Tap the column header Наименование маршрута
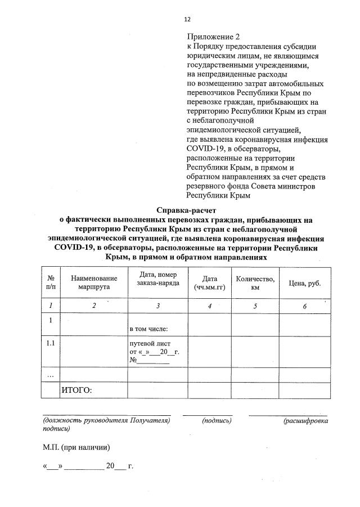[94, 282]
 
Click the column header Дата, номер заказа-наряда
[158, 279]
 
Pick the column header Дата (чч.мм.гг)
[209, 282]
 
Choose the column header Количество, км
[255, 282]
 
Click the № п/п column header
[51, 282]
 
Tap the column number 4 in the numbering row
[209, 306]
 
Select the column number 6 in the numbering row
[304, 306]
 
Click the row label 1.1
[51, 343]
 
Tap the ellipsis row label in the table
[51, 374]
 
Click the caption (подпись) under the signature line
[217, 420]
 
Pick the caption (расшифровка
[306, 420]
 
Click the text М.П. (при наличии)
[76, 447]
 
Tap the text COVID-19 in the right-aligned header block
[208, 148]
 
